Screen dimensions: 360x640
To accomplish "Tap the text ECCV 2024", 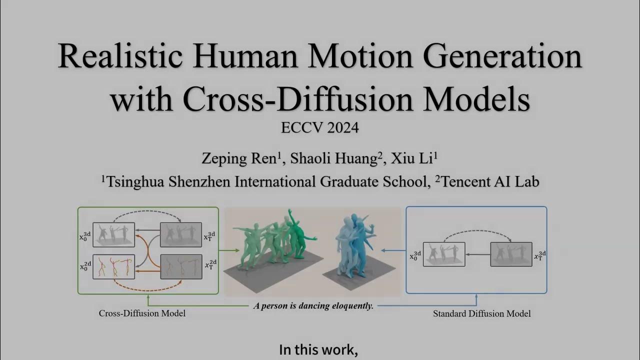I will [319, 128].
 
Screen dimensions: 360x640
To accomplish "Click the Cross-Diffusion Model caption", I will [142, 313].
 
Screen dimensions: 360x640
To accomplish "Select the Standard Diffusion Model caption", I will [481, 313].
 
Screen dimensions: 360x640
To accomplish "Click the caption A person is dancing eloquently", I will [313, 305].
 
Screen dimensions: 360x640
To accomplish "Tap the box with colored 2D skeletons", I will [113, 266].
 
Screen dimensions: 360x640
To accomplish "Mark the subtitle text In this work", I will [318, 350].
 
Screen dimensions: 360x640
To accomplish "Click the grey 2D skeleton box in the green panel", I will [181, 266].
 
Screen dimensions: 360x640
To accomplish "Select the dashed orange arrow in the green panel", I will [147, 287].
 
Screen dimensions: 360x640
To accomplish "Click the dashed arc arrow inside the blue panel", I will [477, 233].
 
